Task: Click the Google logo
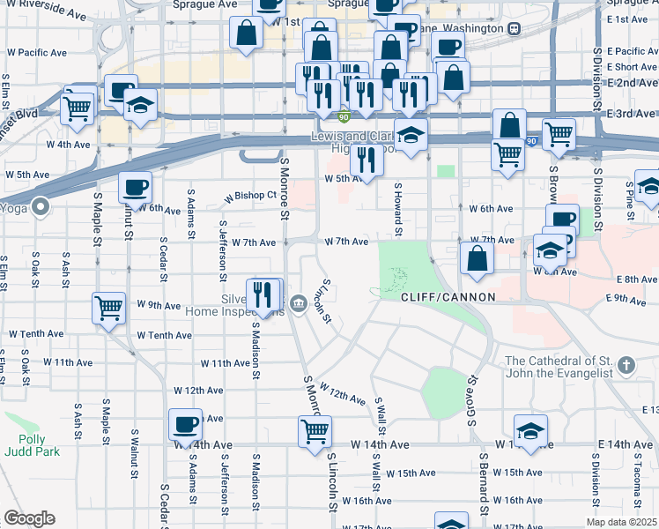click(x=29, y=518)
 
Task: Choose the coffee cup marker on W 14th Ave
click(x=185, y=425)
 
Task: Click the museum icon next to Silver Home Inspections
click(x=299, y=305)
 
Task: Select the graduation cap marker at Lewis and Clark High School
click(x=411, y=136)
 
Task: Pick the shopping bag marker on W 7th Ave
click(x=477, y=257)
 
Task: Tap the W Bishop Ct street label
click(x=251, y=197)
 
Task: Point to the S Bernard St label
click(x=484, y=486)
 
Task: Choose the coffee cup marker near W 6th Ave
click(x=135, y=187)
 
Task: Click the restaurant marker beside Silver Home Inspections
click(x=262, y=294)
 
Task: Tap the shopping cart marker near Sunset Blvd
click(x=78, y=108)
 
